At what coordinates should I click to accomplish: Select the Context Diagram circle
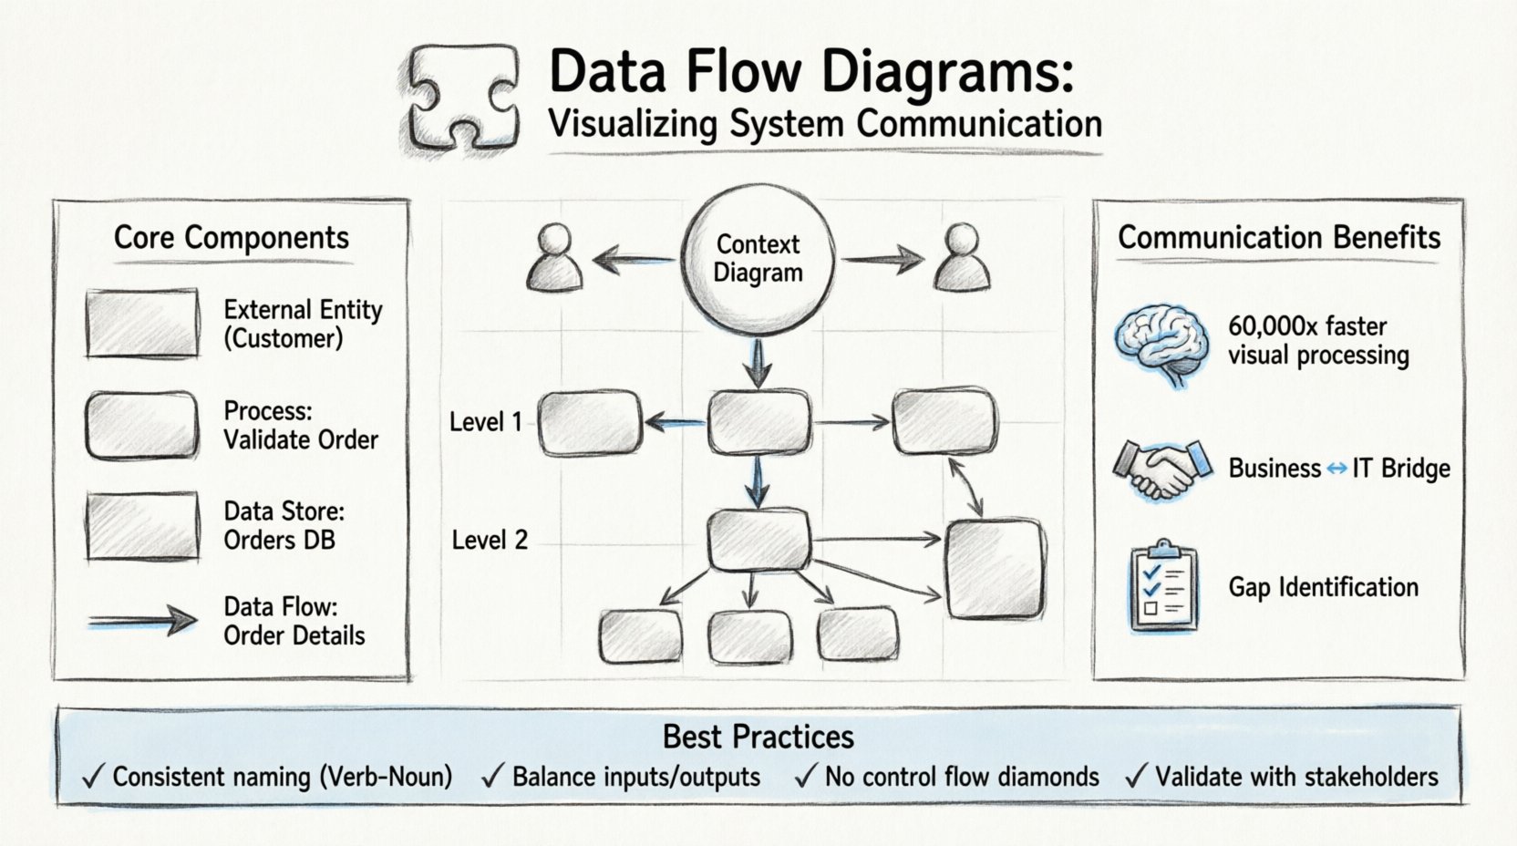click(x=758, y=258)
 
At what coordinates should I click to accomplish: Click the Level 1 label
click(x=486, y=422)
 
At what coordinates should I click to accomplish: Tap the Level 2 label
click(x=490, y=540)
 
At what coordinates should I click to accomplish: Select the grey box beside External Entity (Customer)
click(x=142, y=324)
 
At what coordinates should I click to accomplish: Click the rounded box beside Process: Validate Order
click(x=142, y=425)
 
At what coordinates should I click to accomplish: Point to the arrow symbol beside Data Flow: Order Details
click(x=143, y=622)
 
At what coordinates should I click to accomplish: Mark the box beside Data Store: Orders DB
click(x=142, y=526)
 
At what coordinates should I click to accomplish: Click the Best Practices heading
click(x=758, y=737)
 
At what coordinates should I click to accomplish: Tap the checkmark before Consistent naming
click(x=93, y=777)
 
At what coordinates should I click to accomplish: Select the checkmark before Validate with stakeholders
click(x=1135, y=777)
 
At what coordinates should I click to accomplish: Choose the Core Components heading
click(x=232, y=238)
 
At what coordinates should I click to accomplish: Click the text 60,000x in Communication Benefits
click(x=1268, y=326)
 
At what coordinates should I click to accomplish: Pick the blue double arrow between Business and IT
click(x=1336, y=469)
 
